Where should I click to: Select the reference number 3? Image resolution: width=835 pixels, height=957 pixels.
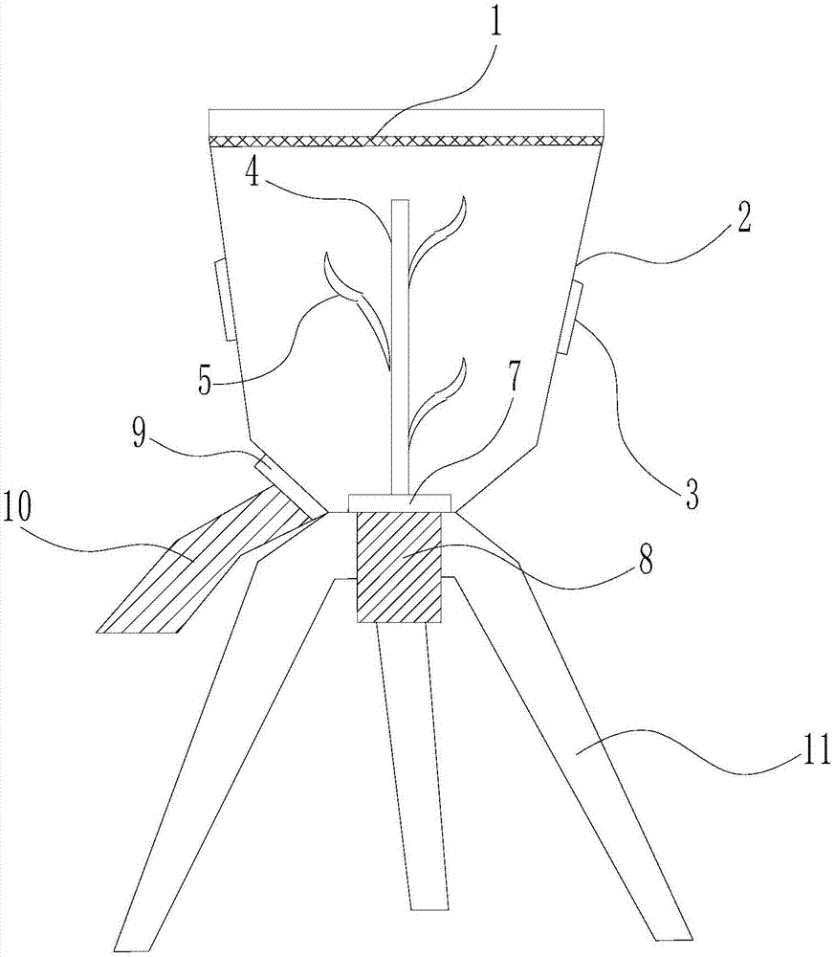pos(690,495)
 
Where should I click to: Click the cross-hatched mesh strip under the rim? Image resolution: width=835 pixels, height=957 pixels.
pos(407,141)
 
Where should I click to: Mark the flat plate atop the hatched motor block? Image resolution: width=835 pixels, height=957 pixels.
pos(399,502)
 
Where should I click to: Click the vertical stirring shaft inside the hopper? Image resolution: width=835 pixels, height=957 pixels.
pos(399,345)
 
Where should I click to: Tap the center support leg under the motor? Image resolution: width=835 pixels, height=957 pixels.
pos(411,766)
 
